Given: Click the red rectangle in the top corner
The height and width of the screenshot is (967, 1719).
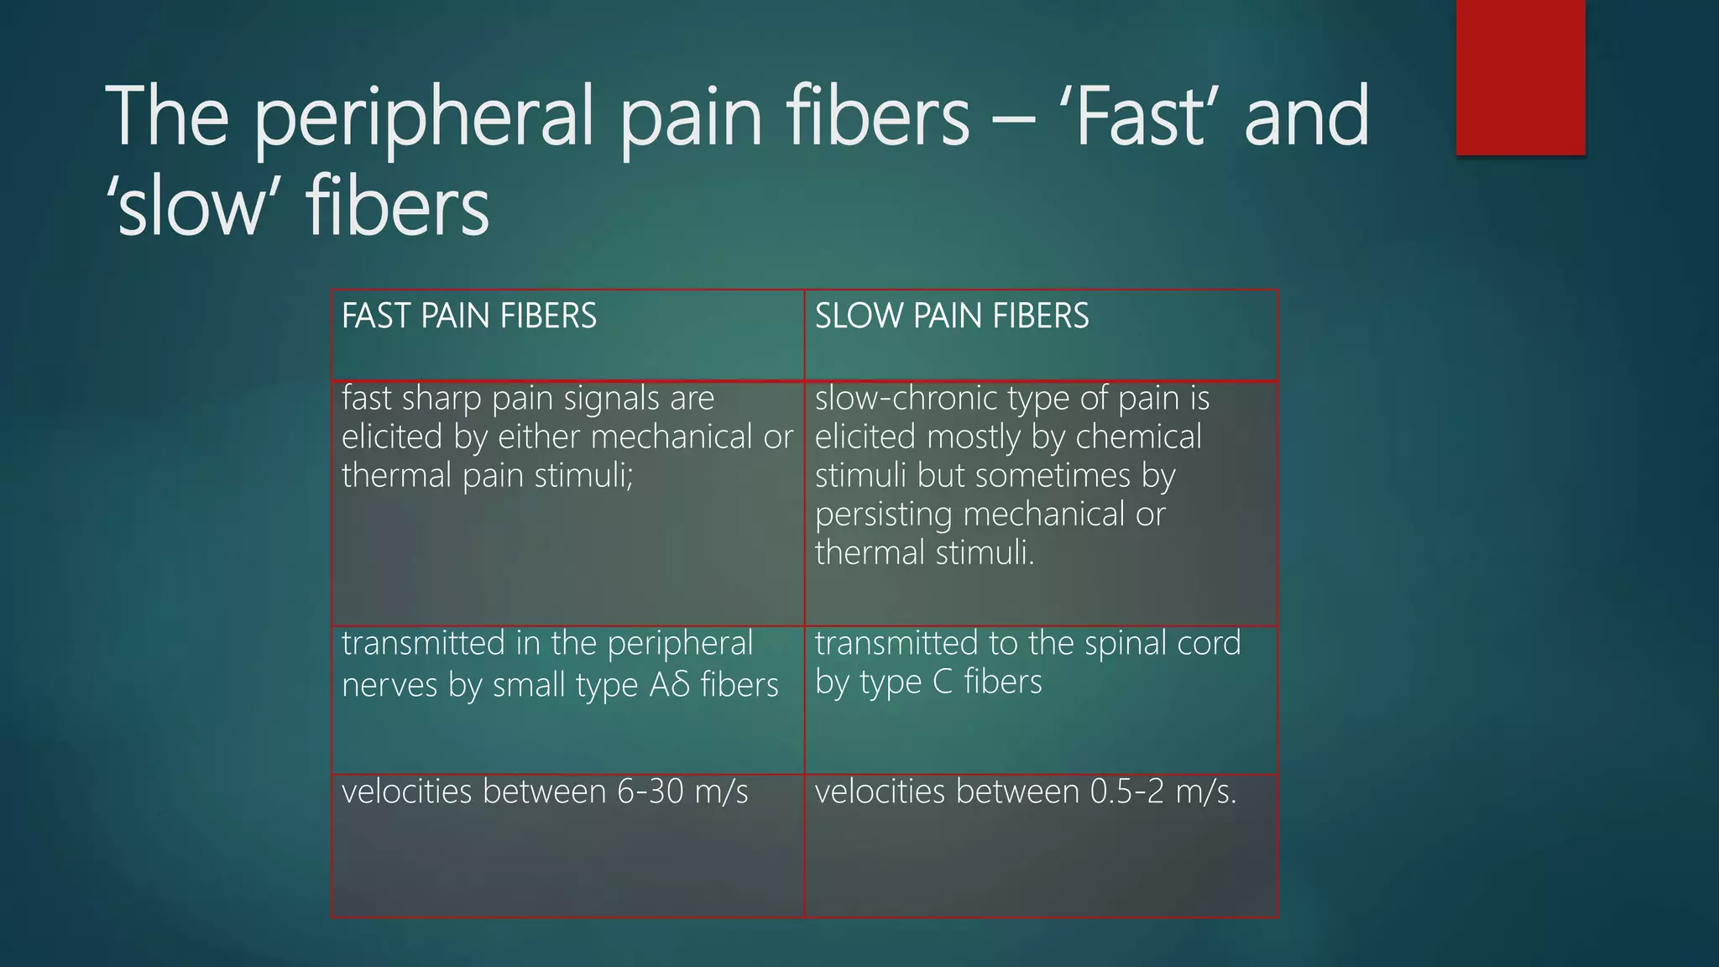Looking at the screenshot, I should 1520,77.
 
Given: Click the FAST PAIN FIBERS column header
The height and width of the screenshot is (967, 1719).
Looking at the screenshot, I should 468,316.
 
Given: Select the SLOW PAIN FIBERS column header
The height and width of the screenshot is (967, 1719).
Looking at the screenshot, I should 952,316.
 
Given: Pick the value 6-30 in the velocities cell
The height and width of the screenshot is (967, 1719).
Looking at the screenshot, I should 651,792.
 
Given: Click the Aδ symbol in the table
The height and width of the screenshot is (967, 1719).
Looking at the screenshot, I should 670,685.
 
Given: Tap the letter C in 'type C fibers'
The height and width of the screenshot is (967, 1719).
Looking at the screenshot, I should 943,682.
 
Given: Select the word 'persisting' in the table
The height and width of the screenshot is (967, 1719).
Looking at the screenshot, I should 883,515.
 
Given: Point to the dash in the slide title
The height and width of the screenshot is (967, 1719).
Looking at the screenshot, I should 1012,119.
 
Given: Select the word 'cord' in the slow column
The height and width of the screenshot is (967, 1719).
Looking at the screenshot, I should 1209,644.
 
